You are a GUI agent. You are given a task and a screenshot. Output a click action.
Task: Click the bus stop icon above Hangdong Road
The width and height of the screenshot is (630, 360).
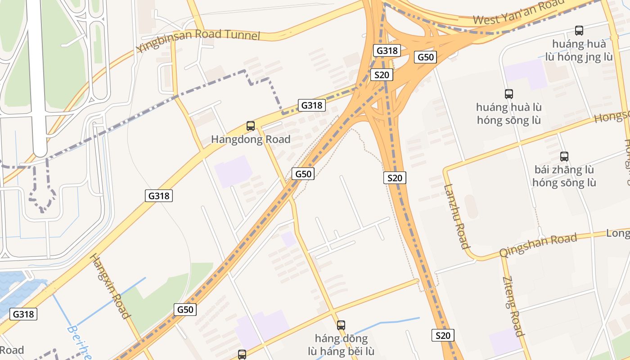pyautogui.click(x=251, y=126)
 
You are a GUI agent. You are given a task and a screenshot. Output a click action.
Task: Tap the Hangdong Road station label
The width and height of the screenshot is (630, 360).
pyautogui.click(x=251, y=139)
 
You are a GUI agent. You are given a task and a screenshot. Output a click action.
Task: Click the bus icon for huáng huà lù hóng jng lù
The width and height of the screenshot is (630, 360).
pyautogui.click(x=579, y=31)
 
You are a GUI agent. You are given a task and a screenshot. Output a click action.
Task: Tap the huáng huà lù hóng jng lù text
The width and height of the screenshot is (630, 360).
pyautogui.click(x=579, y=50)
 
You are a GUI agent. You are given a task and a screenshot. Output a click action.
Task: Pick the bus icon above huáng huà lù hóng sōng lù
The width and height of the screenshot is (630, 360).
pyautogui.click(x=509, y=94)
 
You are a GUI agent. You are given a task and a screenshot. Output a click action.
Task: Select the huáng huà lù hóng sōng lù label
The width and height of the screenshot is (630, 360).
pyautogui.click(x=509, y=114)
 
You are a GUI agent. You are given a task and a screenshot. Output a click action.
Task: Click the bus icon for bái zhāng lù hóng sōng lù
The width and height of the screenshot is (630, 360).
pyautogui.click(x=564, y=156)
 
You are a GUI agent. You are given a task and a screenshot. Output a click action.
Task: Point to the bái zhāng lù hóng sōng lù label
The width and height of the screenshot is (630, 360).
pyautogui.click(x=564, y=176)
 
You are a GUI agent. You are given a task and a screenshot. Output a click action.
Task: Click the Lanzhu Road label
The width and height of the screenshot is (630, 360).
pyautogui.click(x=457, y=216)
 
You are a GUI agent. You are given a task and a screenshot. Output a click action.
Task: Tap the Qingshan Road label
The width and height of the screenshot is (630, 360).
pyautogui.click(x=538, y=245)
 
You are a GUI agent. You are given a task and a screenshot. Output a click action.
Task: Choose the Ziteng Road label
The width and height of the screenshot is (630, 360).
pyautogui.click(x=513, y=306)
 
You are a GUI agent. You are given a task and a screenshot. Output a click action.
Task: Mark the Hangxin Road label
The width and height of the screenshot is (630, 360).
pyautogui.click(x=110, y=287)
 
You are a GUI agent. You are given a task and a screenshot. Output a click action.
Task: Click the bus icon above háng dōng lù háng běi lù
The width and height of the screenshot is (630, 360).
pyautogui.click(x=341, y=325)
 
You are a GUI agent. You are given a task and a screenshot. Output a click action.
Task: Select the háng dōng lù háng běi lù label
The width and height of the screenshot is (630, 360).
pyautogui.click(x=341, y=345)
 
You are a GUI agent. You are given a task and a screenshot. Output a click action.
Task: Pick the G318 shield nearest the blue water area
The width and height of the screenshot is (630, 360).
pyautogui.click(x=23, y=314)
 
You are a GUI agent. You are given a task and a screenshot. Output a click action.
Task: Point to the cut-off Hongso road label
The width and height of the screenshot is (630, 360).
pyautogui.click(x=612, y=117)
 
